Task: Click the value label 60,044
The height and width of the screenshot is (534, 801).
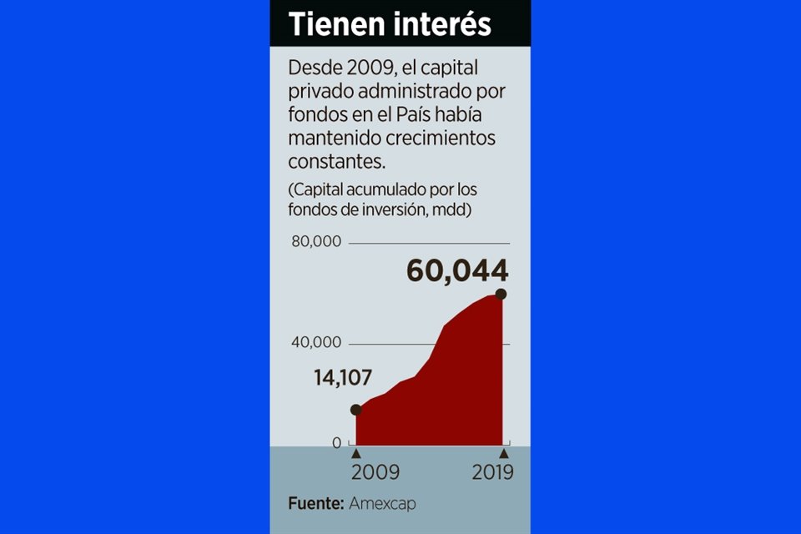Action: pos(457,270)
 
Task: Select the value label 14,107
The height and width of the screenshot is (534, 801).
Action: pos(343,377)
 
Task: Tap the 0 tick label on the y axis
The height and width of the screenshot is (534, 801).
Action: pos(337,443)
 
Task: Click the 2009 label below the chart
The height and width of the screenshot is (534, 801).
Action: pos(375,472)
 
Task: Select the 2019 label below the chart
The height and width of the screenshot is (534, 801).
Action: pos(492,472)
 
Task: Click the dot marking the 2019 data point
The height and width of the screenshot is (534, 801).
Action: pos(501,294)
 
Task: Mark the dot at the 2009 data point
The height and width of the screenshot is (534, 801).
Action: pos(356,410)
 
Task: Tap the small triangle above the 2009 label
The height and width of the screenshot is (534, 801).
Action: pos(356,453)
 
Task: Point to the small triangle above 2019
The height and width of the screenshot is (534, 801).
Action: pos(503,453)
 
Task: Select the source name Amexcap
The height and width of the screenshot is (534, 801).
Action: pos(382,503)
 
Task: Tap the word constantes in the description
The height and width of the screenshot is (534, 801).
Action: pos(328,159)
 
